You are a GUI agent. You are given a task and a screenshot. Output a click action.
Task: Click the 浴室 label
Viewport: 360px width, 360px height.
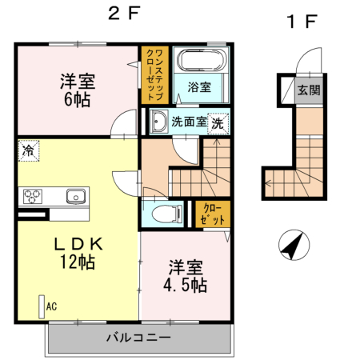click(x=199, y=87)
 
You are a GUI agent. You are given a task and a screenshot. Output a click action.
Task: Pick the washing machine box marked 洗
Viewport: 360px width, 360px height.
click(x=218, y=122)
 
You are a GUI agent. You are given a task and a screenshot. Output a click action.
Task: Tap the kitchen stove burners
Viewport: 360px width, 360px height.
click(x=33, y=195)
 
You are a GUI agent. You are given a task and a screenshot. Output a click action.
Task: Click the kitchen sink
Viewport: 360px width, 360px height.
click(x=75, y=195)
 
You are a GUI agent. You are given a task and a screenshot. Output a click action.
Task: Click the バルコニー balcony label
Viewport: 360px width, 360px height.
click(x=138, y=337)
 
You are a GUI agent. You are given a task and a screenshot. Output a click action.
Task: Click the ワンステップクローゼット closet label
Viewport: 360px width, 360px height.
click(x=154, y=74)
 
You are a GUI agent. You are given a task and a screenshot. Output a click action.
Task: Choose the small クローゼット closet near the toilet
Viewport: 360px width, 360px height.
click(x=213, y=213)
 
